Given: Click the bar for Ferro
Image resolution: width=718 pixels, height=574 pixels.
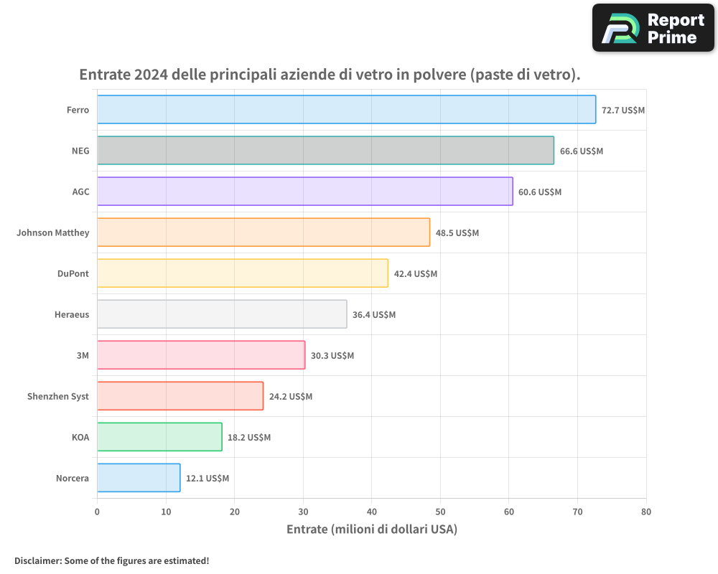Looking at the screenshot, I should [x=346, y=110].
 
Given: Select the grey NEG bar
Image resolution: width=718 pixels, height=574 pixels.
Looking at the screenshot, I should [x=325, y=151].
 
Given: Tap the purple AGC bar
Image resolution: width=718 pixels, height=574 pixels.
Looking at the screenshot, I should [x=304, y=192].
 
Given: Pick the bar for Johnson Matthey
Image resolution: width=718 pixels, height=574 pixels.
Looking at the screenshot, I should [x=264, y=232].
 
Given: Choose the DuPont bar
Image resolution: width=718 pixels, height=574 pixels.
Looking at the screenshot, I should [x=243, y=273].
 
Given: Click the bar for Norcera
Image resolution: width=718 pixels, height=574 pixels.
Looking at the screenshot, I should [x=139, y=478].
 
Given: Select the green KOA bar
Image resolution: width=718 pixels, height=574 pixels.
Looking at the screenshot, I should [x=159, y=437].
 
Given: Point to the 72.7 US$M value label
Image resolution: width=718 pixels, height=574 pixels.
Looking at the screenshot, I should [x=623, y=110].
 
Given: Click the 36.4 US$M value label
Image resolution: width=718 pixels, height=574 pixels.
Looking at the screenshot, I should [x=374, y=315].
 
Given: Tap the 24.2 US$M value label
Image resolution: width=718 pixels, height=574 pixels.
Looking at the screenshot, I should [x=291, y=397].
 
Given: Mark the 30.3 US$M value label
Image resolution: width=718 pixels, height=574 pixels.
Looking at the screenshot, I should [x=332, y=356].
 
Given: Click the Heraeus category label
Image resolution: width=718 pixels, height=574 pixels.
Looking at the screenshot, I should [x=72, y=314].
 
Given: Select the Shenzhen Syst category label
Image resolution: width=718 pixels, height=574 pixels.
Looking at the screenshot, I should [x=58, y=396].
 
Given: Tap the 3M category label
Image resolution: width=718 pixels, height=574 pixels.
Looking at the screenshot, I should [x=83, y=355].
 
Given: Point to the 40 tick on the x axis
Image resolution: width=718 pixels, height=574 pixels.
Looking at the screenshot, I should [x=372, y=512].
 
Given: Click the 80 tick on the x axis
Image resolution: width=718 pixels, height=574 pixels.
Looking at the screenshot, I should [x=646, y=512].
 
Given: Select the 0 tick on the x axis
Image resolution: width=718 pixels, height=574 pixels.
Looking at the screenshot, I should [x=97, y=512].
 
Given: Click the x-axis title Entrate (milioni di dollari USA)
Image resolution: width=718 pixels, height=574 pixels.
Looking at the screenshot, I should [x=372, y=530].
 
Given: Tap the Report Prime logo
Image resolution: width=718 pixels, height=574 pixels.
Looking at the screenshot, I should [x=653, y=28].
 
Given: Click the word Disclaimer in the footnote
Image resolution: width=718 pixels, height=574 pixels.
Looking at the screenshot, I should [x=37, y=560].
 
